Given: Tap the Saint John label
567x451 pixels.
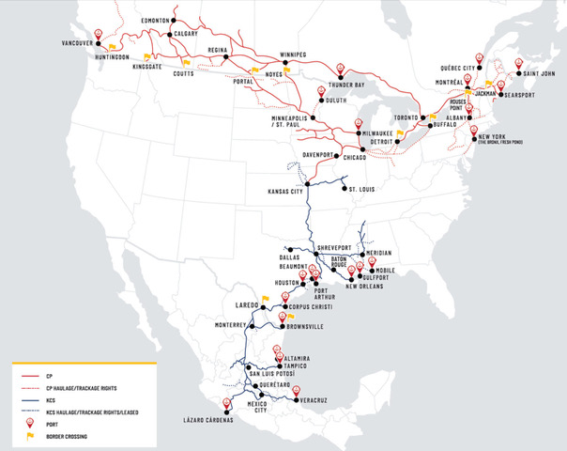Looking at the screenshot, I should click(x=537, y=72).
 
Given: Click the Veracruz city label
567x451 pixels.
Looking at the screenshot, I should click(x=316, y=400).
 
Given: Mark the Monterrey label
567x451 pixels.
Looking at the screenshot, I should click(x=233, y=325).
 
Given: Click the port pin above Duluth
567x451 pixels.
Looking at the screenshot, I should click(x=321, y=92).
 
